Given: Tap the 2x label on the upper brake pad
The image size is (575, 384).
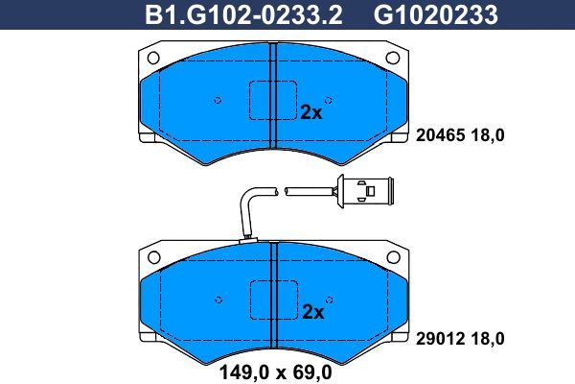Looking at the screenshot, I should (x=311, y=111).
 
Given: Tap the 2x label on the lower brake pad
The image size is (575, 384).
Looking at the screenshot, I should (x=312, y=311).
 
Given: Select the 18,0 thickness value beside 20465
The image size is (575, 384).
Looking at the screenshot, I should (x=486, y=135).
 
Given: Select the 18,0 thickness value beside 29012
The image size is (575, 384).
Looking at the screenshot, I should (x=486, y=338).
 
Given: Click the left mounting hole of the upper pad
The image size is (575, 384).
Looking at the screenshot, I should (x=151, y=58).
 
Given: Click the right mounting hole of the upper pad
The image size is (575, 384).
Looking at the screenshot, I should (x=393, y=58).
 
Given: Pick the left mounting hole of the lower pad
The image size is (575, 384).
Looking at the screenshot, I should (x=151, y=256).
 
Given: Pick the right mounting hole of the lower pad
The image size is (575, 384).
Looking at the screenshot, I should (x=393, y=256).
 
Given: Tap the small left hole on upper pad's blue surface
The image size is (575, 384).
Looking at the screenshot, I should (x=218, y=100).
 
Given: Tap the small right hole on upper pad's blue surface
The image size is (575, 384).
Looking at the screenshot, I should (x=329, y=100).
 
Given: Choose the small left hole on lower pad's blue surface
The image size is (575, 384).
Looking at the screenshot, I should (x=218, y=300).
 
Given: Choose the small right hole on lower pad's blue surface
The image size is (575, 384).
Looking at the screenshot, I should (x=329, y=300).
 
